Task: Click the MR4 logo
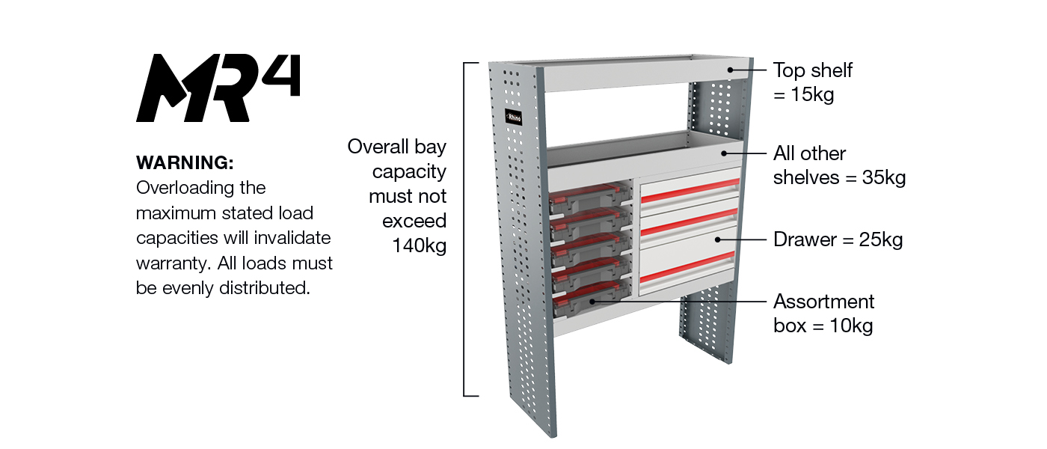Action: point(217,88)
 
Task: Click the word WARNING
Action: point(185,162)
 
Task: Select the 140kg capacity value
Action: point(419,245)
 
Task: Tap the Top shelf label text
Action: point(812,70)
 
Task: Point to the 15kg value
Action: point(812,95)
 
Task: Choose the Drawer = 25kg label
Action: point(838,239)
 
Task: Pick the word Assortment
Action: point(823,302)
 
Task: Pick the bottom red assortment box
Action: point(587,302)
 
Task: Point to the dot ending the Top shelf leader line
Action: point(730,70)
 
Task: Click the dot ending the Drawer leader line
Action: point(716,239)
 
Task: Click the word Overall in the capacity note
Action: point(379,147)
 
